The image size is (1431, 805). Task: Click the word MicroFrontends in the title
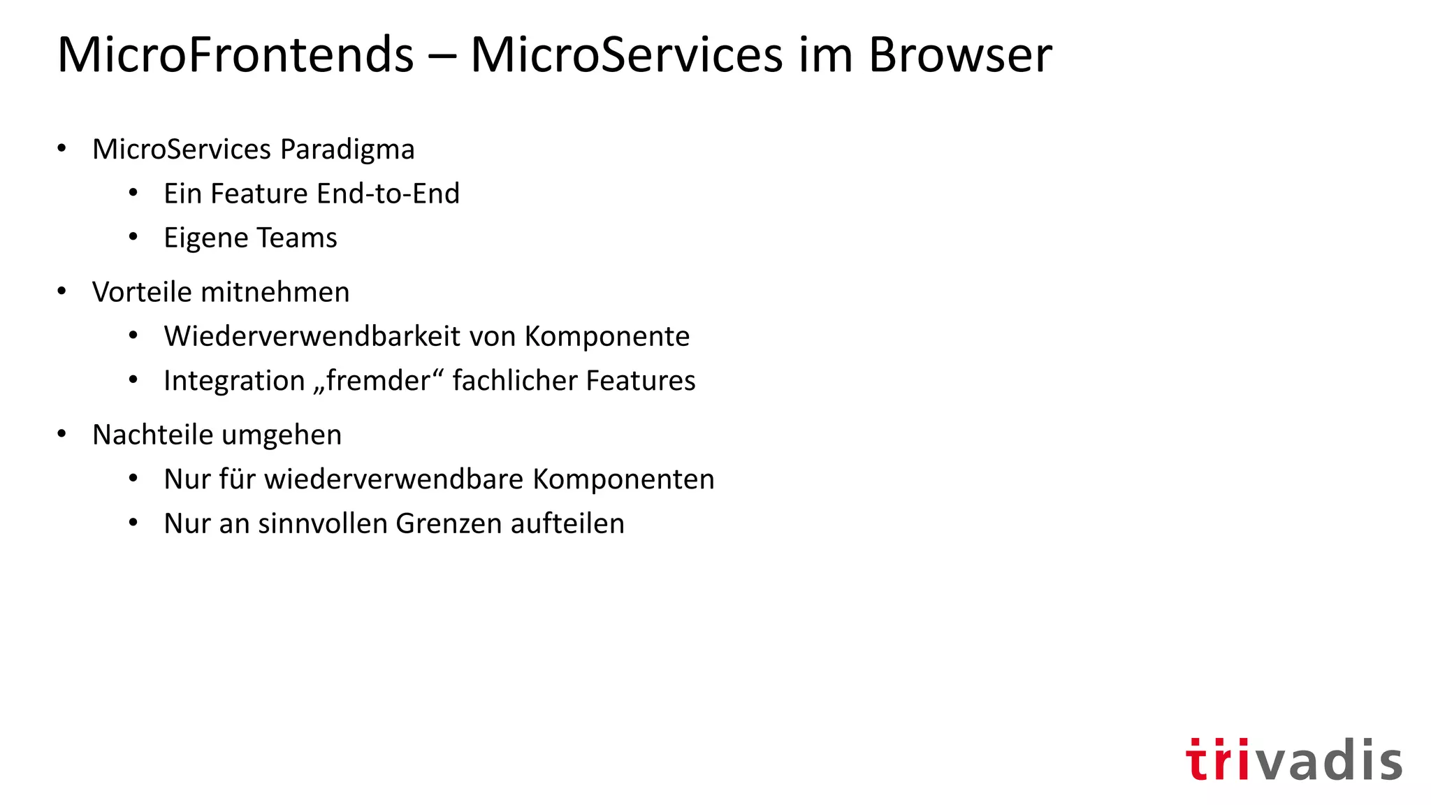[235, 55]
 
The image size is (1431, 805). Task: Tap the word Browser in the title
[959, 55]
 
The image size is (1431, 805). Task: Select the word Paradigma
[347, 150]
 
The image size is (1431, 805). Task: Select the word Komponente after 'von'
[607, 336]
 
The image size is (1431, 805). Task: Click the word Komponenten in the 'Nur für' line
[623, 479]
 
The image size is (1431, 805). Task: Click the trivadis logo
[1293, 760]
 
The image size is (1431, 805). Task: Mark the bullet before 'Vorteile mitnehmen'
[62, 291]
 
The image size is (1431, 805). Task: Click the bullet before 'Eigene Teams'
[133, 238]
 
